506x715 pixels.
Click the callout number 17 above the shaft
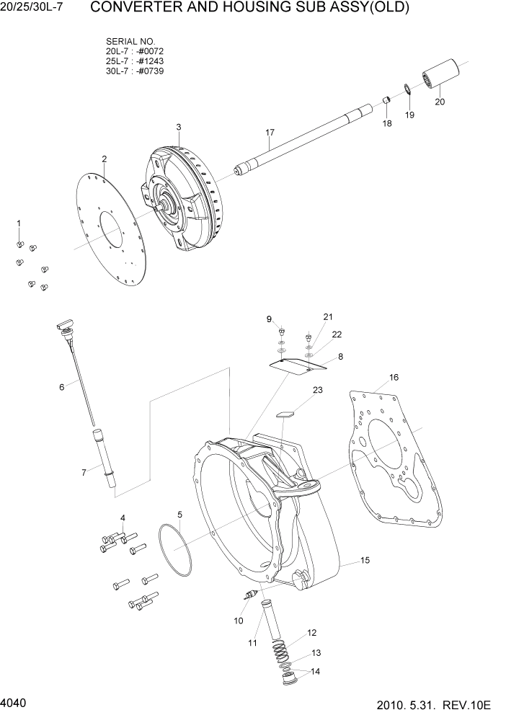(x=270, y=133)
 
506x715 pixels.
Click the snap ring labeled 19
(x=408, y=90)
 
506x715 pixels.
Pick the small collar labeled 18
(x=386, y=100)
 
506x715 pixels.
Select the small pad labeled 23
(x=285, y=414)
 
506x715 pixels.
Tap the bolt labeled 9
(x=282, y=332)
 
